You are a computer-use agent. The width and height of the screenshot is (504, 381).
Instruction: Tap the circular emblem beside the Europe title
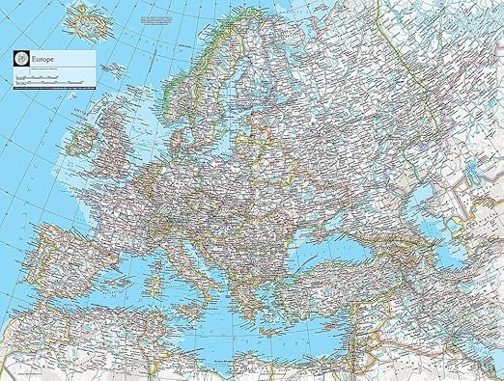(20, 58)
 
